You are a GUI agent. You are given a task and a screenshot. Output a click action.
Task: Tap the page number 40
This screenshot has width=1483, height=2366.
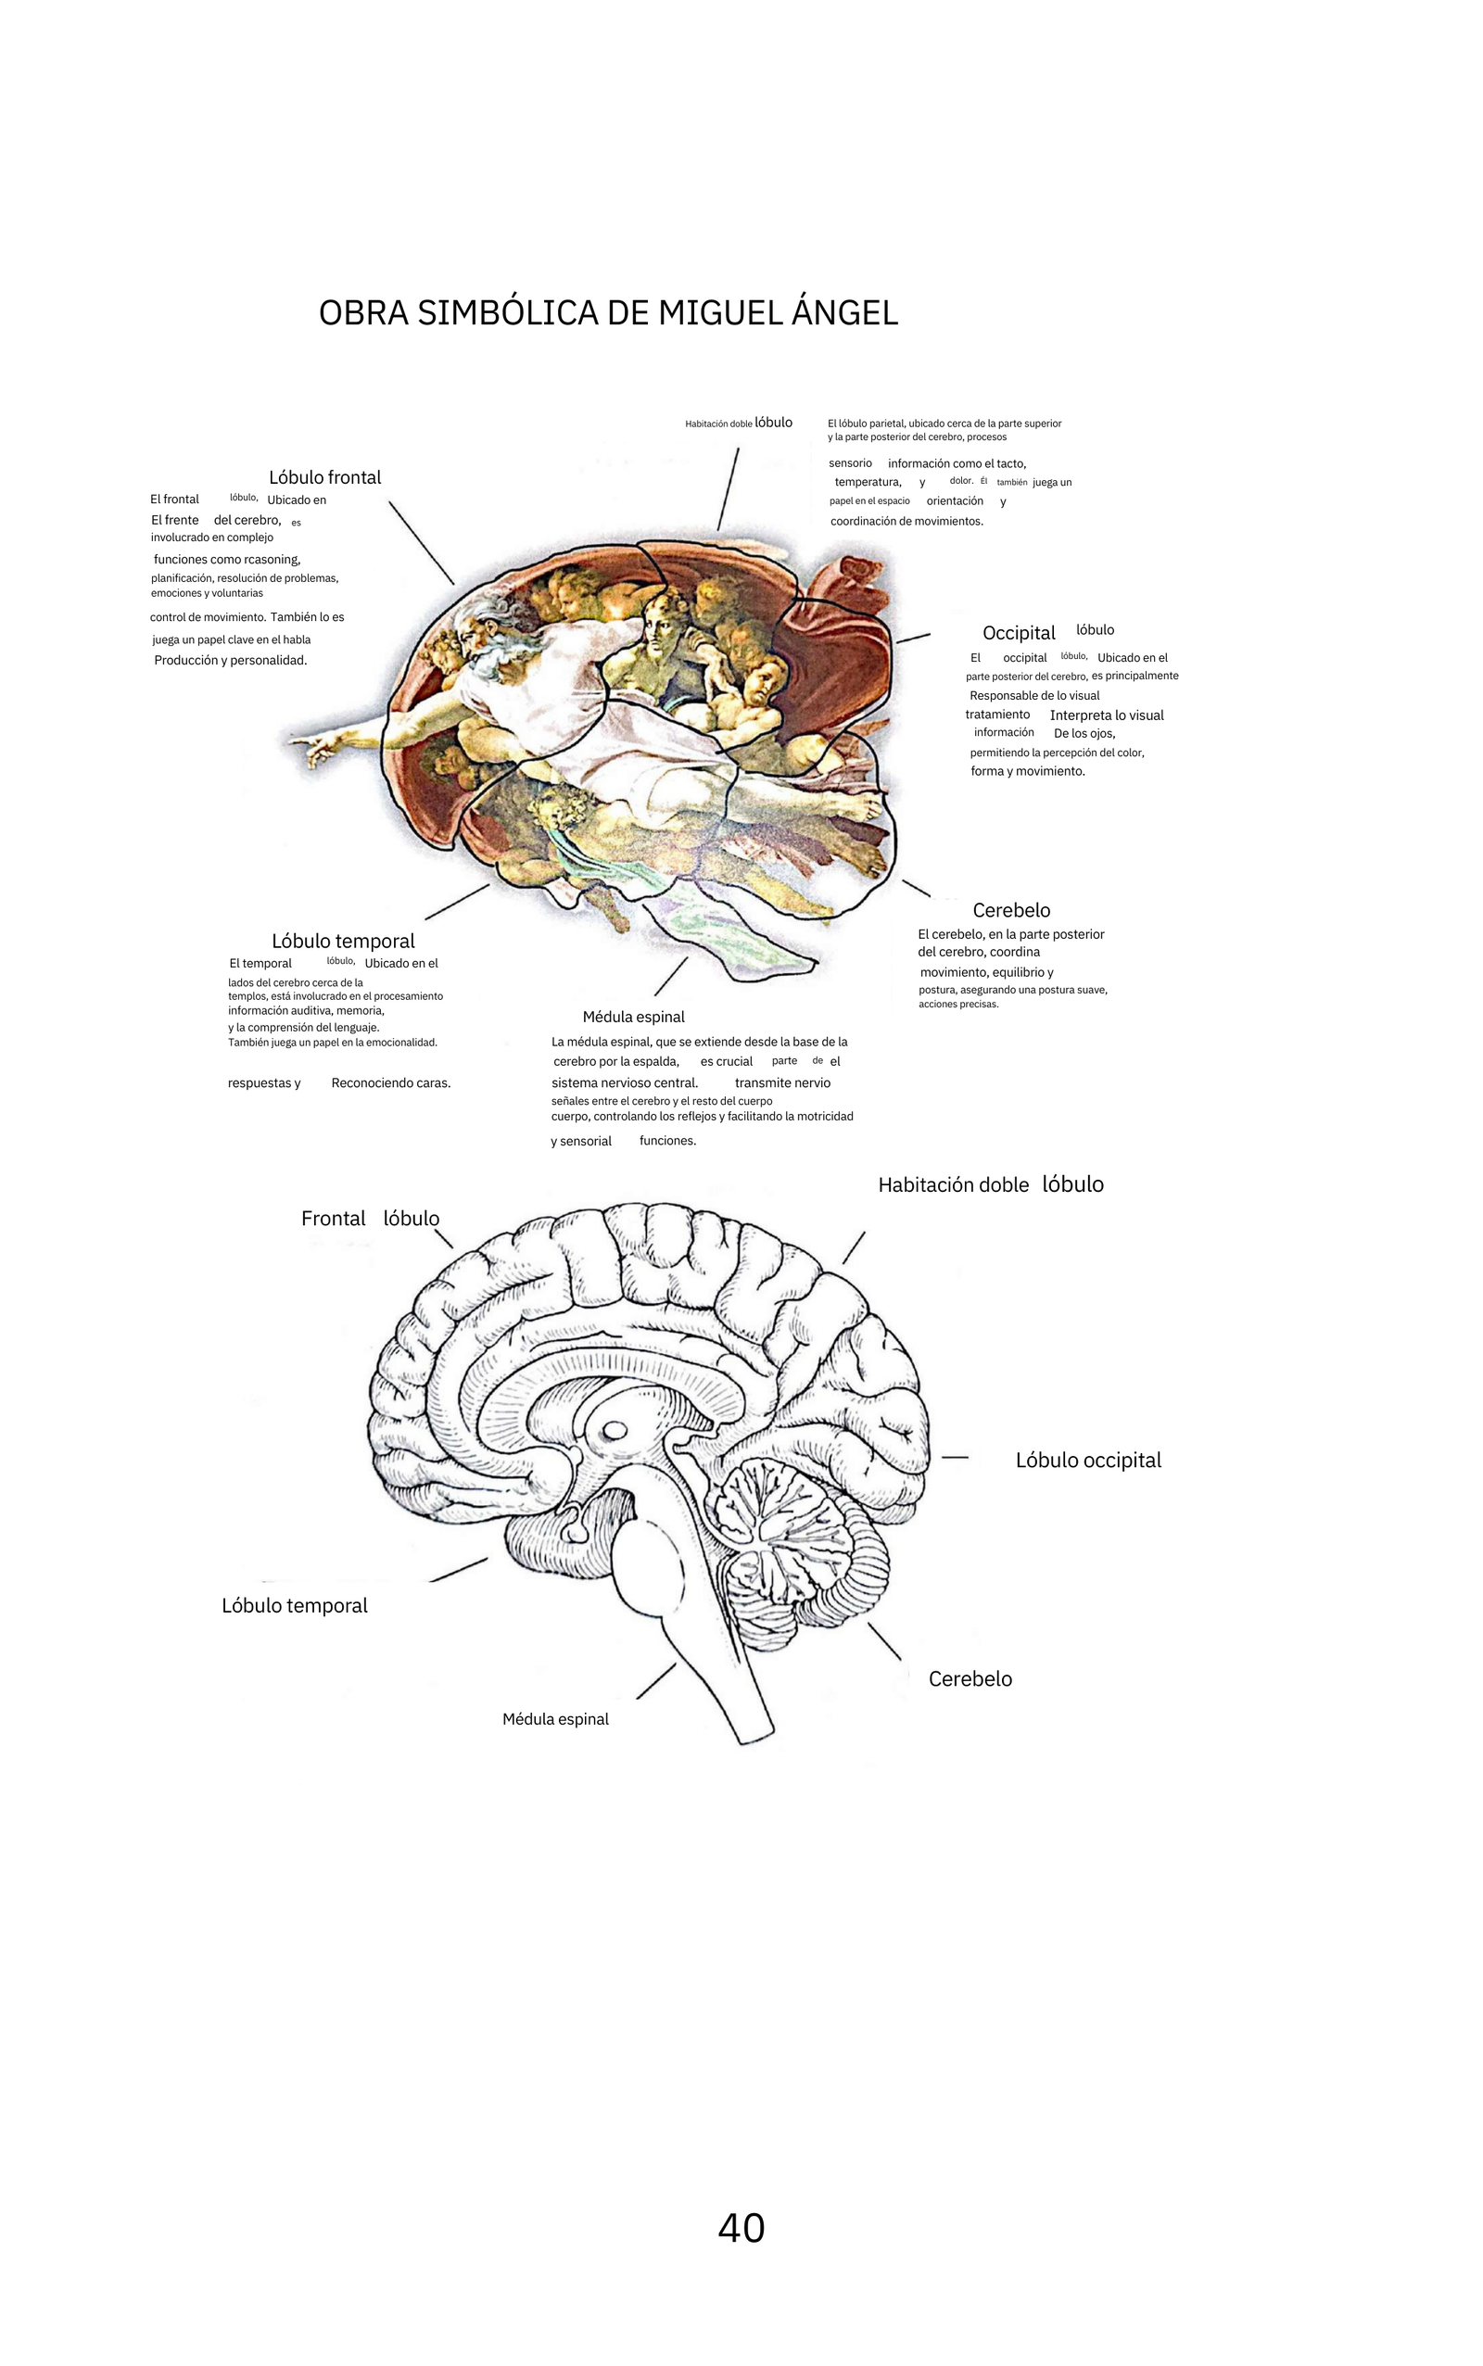point(741,2228)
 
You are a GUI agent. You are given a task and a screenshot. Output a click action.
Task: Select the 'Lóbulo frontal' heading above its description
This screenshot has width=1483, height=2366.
point(324,477)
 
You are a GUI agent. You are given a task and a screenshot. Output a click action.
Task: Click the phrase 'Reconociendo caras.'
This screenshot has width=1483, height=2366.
point(391,1083)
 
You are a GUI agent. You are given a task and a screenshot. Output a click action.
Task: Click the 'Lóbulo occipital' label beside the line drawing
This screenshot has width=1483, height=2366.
point(1088,1460)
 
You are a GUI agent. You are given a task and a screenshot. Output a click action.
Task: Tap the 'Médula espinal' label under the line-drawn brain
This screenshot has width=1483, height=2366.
point(555,1719)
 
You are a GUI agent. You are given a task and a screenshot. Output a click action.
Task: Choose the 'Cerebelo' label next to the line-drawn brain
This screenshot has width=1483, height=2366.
point(970,1678)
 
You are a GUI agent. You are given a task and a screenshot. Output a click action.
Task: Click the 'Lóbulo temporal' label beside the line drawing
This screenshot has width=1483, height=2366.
point(294,1605)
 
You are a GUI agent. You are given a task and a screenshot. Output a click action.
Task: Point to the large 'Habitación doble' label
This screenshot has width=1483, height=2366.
point(954,1184)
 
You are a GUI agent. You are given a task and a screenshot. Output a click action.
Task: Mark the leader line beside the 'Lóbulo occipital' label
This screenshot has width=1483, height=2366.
point(955,1457)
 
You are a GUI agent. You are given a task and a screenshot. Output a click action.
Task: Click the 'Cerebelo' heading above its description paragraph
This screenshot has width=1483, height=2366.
point(1011,910)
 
